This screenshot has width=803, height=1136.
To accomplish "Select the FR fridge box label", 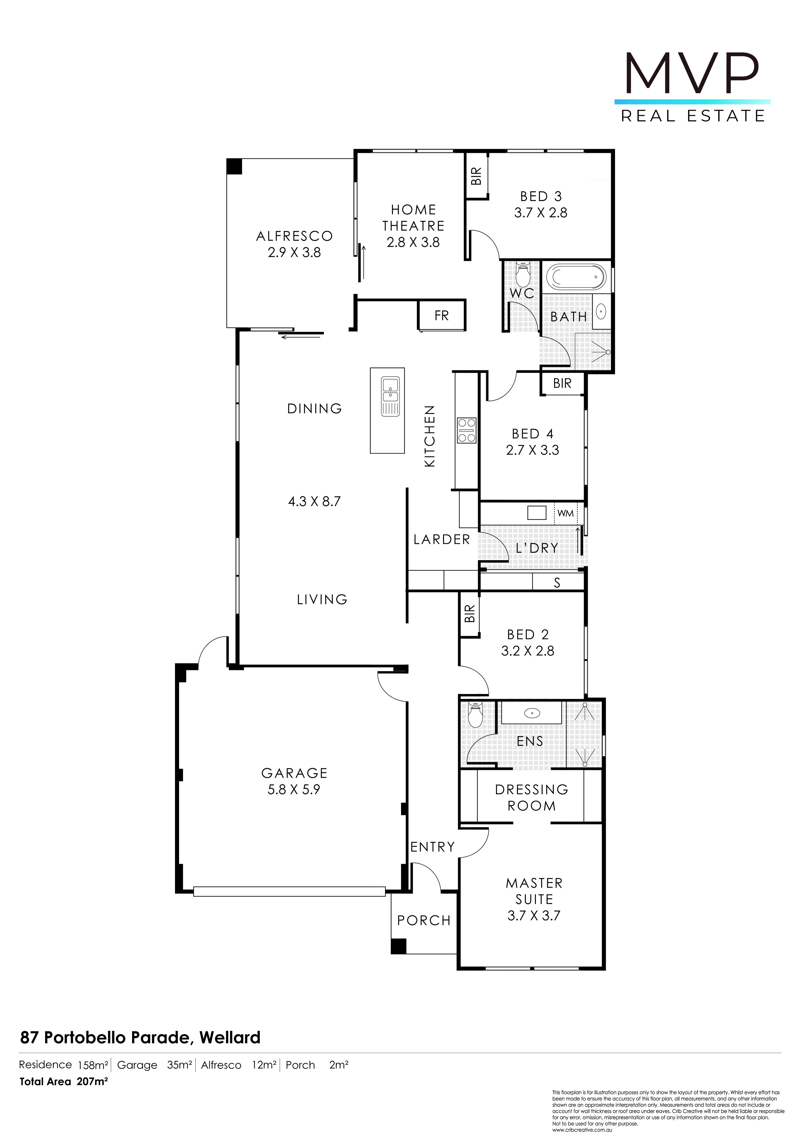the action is pos(442,316).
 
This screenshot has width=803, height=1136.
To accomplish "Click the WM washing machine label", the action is pos(566,513).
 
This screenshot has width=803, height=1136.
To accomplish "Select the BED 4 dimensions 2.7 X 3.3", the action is pos(533,450).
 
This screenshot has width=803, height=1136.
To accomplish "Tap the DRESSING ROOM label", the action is pos(532,798).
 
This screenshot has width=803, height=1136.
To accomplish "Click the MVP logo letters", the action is pos(692,74).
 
